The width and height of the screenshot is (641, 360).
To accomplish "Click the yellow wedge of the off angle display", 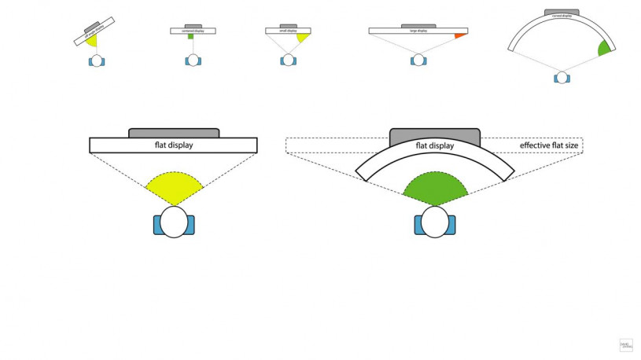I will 92,39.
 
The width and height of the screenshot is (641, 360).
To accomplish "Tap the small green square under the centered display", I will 190,36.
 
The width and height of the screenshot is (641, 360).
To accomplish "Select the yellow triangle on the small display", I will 303,37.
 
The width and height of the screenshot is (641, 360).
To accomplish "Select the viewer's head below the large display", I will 418,59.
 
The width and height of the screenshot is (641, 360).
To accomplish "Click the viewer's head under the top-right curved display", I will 561,77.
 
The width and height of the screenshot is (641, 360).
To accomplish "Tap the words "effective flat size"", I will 550,145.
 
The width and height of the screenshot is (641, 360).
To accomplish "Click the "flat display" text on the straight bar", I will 174,145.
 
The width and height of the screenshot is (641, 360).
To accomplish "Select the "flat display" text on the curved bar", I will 435,145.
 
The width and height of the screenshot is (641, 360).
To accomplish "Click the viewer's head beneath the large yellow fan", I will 174,222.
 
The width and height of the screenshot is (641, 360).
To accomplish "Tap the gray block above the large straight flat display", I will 174,132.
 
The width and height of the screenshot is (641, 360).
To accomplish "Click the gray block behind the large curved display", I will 435,134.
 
